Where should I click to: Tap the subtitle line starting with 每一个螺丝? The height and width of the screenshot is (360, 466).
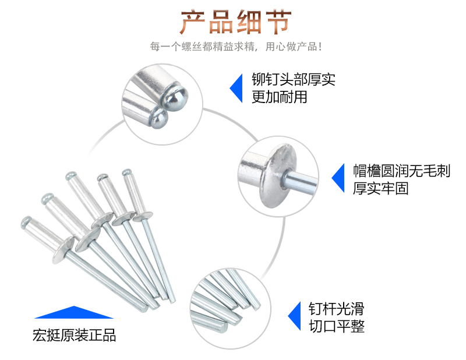pyautogui.click(x=235, y=47)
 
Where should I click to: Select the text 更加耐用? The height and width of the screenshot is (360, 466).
pyautogui.click(x=279, y=97)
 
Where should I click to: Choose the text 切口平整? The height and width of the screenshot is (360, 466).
pyautogui.click(x=336, y=326)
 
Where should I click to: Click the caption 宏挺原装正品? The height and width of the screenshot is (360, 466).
pyautogui.click(x=74, y=336)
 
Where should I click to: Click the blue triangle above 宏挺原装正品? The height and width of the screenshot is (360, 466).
pyautogui.click(x=73, y=313)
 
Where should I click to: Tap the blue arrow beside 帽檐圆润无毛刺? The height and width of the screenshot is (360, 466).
pyautogui.click(x=338, y=179)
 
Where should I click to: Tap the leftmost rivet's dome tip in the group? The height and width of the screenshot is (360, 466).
pyautogui.click(x=26, y=221)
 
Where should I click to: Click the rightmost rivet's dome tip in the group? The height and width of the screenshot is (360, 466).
pyautogui.click(x=126, y=172)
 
